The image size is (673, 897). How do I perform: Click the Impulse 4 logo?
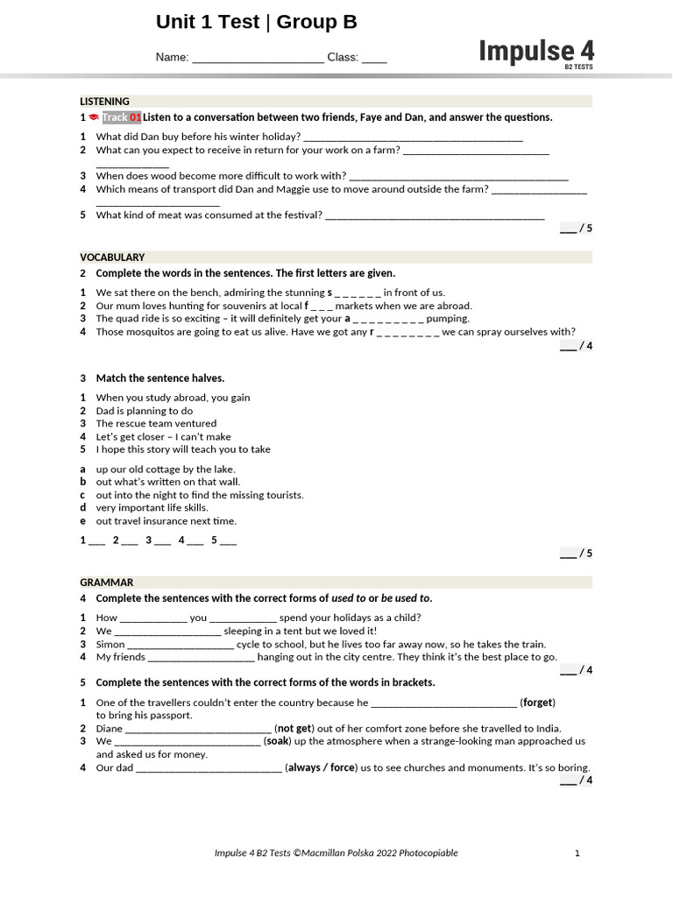tap(535, 53)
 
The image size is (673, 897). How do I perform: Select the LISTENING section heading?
tap(104, 102)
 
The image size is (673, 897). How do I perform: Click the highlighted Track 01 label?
tap(121, 117)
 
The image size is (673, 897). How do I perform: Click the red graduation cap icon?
tap(94, 117)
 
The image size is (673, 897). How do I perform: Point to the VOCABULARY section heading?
tap(112, 258)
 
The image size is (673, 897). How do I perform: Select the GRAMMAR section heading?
tap(107, 583)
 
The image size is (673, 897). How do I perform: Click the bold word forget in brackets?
tap(538, 703)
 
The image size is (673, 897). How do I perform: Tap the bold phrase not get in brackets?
tap(294, 729)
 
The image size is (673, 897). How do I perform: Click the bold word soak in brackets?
tap(277, 741)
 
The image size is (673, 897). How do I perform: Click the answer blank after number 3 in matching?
tap(162, 540)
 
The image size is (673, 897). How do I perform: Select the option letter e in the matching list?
tap(83, 521)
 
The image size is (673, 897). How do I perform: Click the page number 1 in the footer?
tap(577, 853)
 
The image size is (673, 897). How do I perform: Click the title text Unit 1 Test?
tap(209, 23)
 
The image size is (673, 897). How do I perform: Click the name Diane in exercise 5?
tap(110, 729)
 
